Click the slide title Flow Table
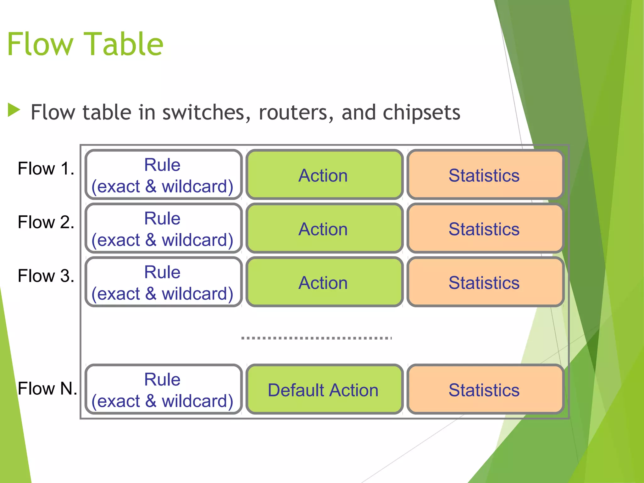(x=85, y=44)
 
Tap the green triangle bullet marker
(x=14, y=110)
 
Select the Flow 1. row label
(x=46, y=169)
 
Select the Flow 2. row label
(x=46, y=222)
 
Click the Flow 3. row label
(x=46, y=276)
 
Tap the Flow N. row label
(x=47, y=388)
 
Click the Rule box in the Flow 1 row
(x=163, y=175)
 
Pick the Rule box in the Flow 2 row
(x=163, y=229)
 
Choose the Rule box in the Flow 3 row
(x=163, y=282)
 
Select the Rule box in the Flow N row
(x=163, y=390)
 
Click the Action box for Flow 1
(x=324, y=175)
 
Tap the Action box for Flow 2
(x=324, y=229)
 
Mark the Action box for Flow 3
(x=324, y=282)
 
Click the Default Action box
(x=324, y=390)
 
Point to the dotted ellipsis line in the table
(x=316, y=338)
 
